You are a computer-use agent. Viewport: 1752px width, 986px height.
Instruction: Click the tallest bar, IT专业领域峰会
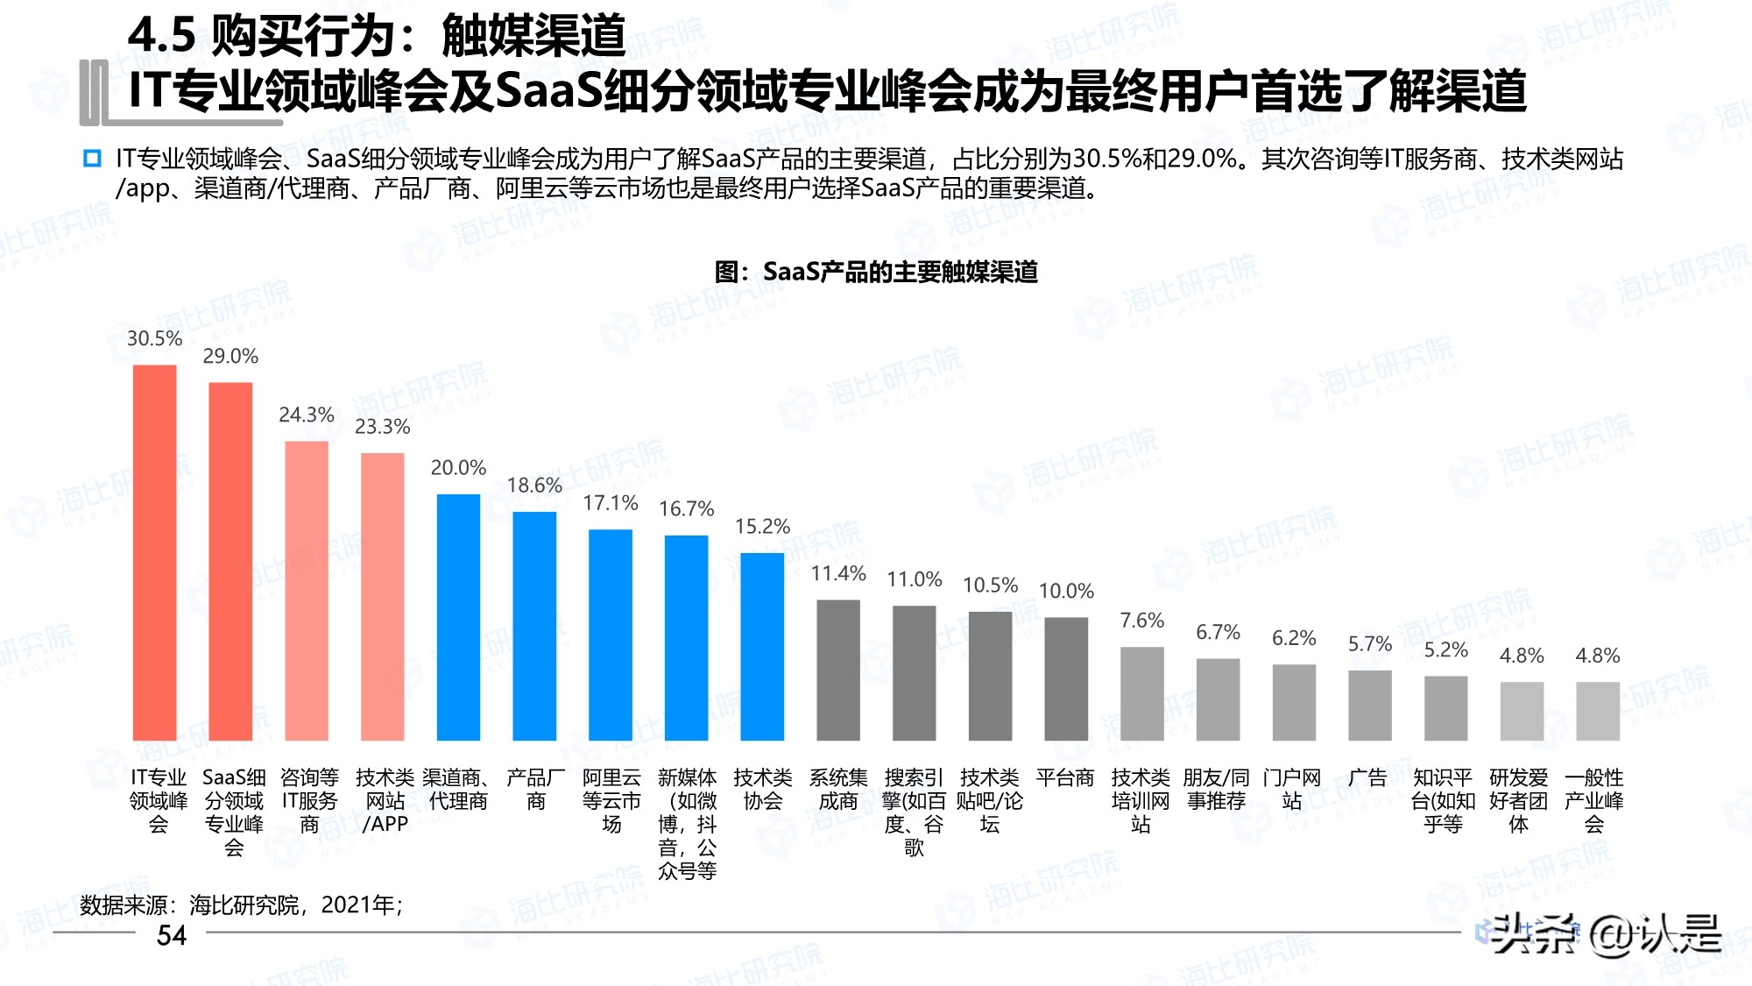pyautogui.click(x=154, y=552)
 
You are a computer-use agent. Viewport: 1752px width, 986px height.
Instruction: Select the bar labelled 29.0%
pyautogui.click(x=230, y=561)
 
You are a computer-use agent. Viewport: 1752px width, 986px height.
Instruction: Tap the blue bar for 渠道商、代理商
pyautogui.click(x=458, y=617)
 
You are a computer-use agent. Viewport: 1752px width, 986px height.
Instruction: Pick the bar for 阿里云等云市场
pyautogui.click(x=611, y=635)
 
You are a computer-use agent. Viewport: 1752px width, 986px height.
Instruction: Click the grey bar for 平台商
pyautogui.click(x=1066, y=678)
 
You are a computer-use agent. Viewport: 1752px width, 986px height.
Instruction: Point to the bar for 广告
pyautogui.click(x=1370, y=705)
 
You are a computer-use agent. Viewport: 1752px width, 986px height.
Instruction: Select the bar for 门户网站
pyautogui.click(x=1294, y=702)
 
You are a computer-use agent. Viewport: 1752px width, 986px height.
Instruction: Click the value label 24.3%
pyautogui.click(x=307, y=415)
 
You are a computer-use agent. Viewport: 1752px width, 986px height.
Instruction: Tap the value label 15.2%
pyautogui.click(x=762, y=526)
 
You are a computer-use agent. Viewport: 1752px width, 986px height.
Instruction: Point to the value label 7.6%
pyautogui.click(x=1142, y=621)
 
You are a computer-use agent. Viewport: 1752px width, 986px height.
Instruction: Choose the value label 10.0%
pyautogui.click(x=1066, y=591)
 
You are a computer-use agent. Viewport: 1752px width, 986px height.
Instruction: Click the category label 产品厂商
pyautogui.click(x=535, y=789)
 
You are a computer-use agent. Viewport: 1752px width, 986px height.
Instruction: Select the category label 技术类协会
pyautogui.click(x=762, y=789)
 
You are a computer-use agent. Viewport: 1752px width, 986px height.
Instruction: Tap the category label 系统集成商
pyautogui.click(x=838, y=789)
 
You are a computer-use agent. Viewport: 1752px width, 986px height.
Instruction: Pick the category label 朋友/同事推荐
pyautogui.click(x=1217, y=789)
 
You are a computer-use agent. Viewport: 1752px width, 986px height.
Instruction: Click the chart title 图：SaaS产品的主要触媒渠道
pyautogui.click(x=876, y=272)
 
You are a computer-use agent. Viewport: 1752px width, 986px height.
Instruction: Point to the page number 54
pyautogui.click(x=172, y=935)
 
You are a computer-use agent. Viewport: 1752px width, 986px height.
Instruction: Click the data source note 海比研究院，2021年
pyautogui.click(x=241, y=904)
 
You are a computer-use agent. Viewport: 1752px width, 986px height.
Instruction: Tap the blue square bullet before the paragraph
pyautogui.click(x=92, y=159)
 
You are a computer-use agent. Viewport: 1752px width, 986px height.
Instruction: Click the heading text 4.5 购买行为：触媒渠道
pyautogui.click(x=377, y=37)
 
